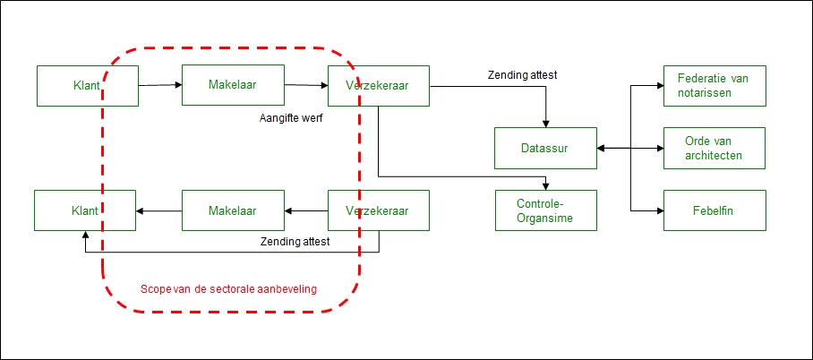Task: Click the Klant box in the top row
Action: click(87, 86)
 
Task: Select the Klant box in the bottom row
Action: click(85, 211)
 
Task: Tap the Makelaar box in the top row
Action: click(233, 85)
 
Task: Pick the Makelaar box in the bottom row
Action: click(233, 211)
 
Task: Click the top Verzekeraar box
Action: click(379, 86)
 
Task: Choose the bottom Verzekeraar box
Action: click(379, 211)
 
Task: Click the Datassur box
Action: click(545, 148)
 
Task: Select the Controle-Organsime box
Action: click(545, 210)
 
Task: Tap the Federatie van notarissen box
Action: click(714, 85)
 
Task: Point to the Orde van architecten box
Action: click(714, 148)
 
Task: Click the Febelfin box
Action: click(714, 210)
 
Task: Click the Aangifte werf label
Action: click(290, 117)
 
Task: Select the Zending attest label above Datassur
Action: click(523, 75)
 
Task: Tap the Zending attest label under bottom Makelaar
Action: click(295, 241)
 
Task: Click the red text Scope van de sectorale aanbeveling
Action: click(229, 289)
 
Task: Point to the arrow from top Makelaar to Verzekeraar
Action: click(305, 86)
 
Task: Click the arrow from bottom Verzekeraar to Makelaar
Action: click(305, 211)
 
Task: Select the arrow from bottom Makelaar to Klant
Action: click(159, 211)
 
